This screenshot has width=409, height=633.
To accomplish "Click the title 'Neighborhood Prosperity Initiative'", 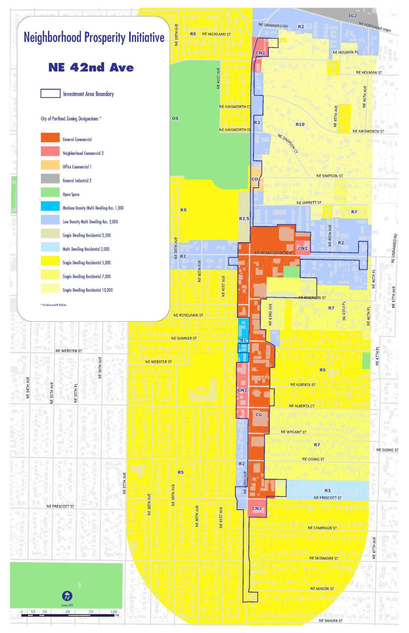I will [94, 38].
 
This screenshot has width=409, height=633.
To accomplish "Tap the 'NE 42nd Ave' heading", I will [91, 67].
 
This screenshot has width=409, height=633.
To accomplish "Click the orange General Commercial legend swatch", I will [49, 139].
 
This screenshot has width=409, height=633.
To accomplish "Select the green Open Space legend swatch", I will [49, 194].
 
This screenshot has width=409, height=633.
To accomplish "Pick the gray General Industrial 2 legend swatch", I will [49, 180].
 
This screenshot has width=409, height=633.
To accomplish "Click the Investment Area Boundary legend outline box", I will [49, 93].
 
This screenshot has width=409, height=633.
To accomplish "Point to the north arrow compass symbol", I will [66, 596].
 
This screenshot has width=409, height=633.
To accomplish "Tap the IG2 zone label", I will [353, 16].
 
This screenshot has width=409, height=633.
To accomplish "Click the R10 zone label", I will [300, 123].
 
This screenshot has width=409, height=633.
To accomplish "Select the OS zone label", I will [175, 118].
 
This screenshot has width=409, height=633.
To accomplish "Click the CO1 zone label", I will [256, 179].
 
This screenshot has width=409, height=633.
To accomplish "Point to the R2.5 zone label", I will [244, 218].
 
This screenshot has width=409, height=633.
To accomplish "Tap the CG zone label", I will [258, 415].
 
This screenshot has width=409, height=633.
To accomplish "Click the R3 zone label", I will [327, 491].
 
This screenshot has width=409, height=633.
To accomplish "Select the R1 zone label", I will [243, 340].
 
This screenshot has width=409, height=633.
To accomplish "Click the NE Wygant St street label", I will [293, 432].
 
